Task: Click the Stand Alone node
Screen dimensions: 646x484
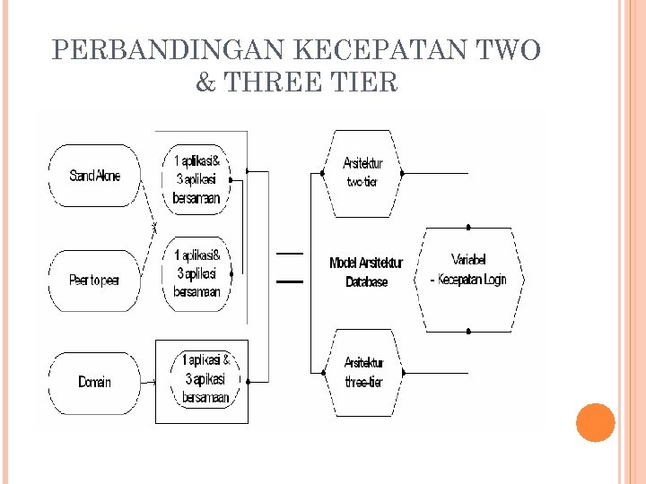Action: click(94, 176)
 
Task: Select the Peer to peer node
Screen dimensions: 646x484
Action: click(94, 281)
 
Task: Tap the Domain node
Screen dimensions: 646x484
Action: click(94, 382)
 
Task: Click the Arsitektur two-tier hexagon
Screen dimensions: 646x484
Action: click(362, 173)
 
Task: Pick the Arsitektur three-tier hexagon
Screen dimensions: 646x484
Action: click(362, 373)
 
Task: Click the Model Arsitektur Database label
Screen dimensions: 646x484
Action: click(366, 272)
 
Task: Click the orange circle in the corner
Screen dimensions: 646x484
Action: click(595, 422)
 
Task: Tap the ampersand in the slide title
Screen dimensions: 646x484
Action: click(205, 83)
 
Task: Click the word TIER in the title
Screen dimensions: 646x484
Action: click(364, 83)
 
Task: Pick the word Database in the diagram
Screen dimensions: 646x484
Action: click(366, 281)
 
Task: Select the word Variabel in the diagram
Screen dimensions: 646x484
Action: click(467, 259)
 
